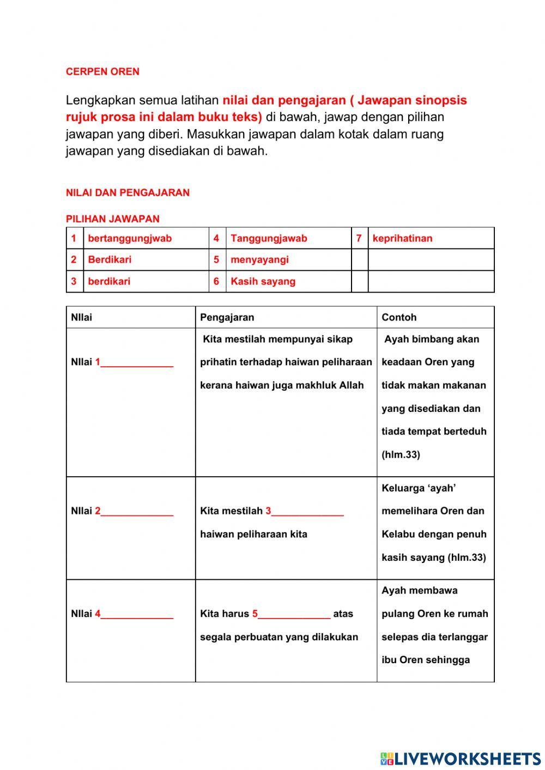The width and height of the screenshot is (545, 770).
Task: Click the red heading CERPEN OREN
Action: pyautogui.click(x=102, y=71)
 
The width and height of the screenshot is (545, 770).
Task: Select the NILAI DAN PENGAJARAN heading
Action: pyautogui.click(x=128, y=192)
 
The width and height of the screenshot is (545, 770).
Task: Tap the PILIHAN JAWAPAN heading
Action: pyautogui.click(x=112, y=219)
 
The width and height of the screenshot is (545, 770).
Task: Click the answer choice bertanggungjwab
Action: pyautogui.click(x=130, y=238)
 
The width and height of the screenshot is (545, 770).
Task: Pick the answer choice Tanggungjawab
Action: pyautogui.click(x=269, y=238)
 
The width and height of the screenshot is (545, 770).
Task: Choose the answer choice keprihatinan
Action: pyautogui.click(x=402, y=238)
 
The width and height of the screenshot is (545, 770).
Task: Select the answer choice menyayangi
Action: pyautogui.click(x=259, y=259)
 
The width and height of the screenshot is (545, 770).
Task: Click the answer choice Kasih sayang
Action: pyautogui.click(x=263, y=281)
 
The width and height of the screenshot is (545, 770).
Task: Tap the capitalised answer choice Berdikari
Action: pyautogui.click(x=110, y=259)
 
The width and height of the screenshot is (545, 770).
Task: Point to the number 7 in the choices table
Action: pyautogui.click(x=359, y=238)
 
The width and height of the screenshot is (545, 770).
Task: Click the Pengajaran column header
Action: pyautogui.click(x=227, y=317)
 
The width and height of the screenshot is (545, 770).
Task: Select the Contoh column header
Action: pyautogui.click(x=399, y=317)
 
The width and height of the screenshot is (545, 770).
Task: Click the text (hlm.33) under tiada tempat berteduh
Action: pyautogui.click(x=401, y=454)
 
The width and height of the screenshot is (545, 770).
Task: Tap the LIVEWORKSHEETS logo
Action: pyautogui.click(x=461, y=758)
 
